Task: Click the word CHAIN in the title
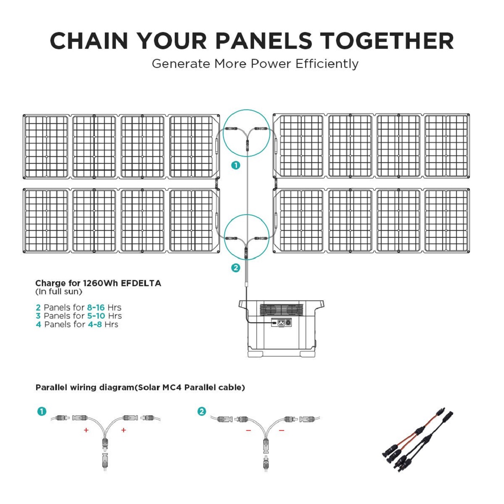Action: (x=89, y=41)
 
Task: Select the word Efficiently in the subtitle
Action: (x=327, y=64)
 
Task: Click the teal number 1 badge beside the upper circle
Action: (x=236, y=165)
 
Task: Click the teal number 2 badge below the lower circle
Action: (x=236, y=268)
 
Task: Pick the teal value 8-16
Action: (x=96, y=307)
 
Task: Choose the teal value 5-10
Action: (x=96, y=316)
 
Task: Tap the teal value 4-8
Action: (x=95, y=325)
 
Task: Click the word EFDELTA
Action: (x=141, y=283)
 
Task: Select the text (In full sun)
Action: (x=59, y=291)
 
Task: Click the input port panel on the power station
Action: (x=281, y=322)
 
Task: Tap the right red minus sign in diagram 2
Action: (x=281, y=430)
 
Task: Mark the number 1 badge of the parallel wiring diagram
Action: (x=42, y=411)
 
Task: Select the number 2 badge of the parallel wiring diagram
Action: (x=201, y=411)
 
